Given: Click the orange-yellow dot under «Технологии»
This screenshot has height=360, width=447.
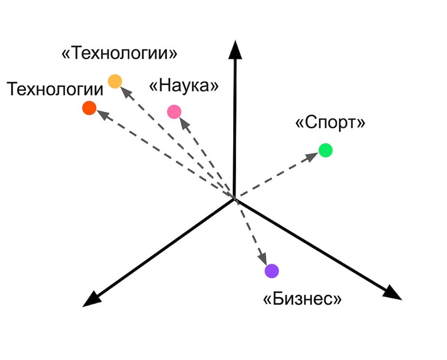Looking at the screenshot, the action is click(115, 81).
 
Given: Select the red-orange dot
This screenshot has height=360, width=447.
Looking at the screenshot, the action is click(89, 108).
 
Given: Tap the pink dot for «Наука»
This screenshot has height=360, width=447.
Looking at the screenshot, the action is click(174, 111).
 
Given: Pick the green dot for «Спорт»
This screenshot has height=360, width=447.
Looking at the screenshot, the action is click(326, 150).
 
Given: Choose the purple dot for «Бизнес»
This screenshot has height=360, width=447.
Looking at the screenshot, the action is click(272, 271).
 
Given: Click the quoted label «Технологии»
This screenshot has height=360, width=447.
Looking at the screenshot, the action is click(119, 53).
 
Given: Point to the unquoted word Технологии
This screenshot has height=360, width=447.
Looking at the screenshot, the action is click(55, 89).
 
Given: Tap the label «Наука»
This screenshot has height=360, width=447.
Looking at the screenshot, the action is click(184, 86).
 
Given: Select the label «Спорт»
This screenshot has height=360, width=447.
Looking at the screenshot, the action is click(330, 122).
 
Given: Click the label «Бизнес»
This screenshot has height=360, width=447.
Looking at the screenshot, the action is click(302, 299).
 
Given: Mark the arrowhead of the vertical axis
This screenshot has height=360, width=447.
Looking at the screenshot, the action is click(235, 50).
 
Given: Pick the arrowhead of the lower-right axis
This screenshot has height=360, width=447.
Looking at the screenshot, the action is click(392, 293).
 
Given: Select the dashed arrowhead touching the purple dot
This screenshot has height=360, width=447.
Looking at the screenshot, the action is click(263, 259).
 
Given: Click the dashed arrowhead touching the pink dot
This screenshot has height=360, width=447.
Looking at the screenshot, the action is click(184, 123).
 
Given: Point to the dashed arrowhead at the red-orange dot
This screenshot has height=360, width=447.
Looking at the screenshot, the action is click(103, 115).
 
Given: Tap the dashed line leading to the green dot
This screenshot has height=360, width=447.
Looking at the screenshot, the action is click(276, 176).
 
